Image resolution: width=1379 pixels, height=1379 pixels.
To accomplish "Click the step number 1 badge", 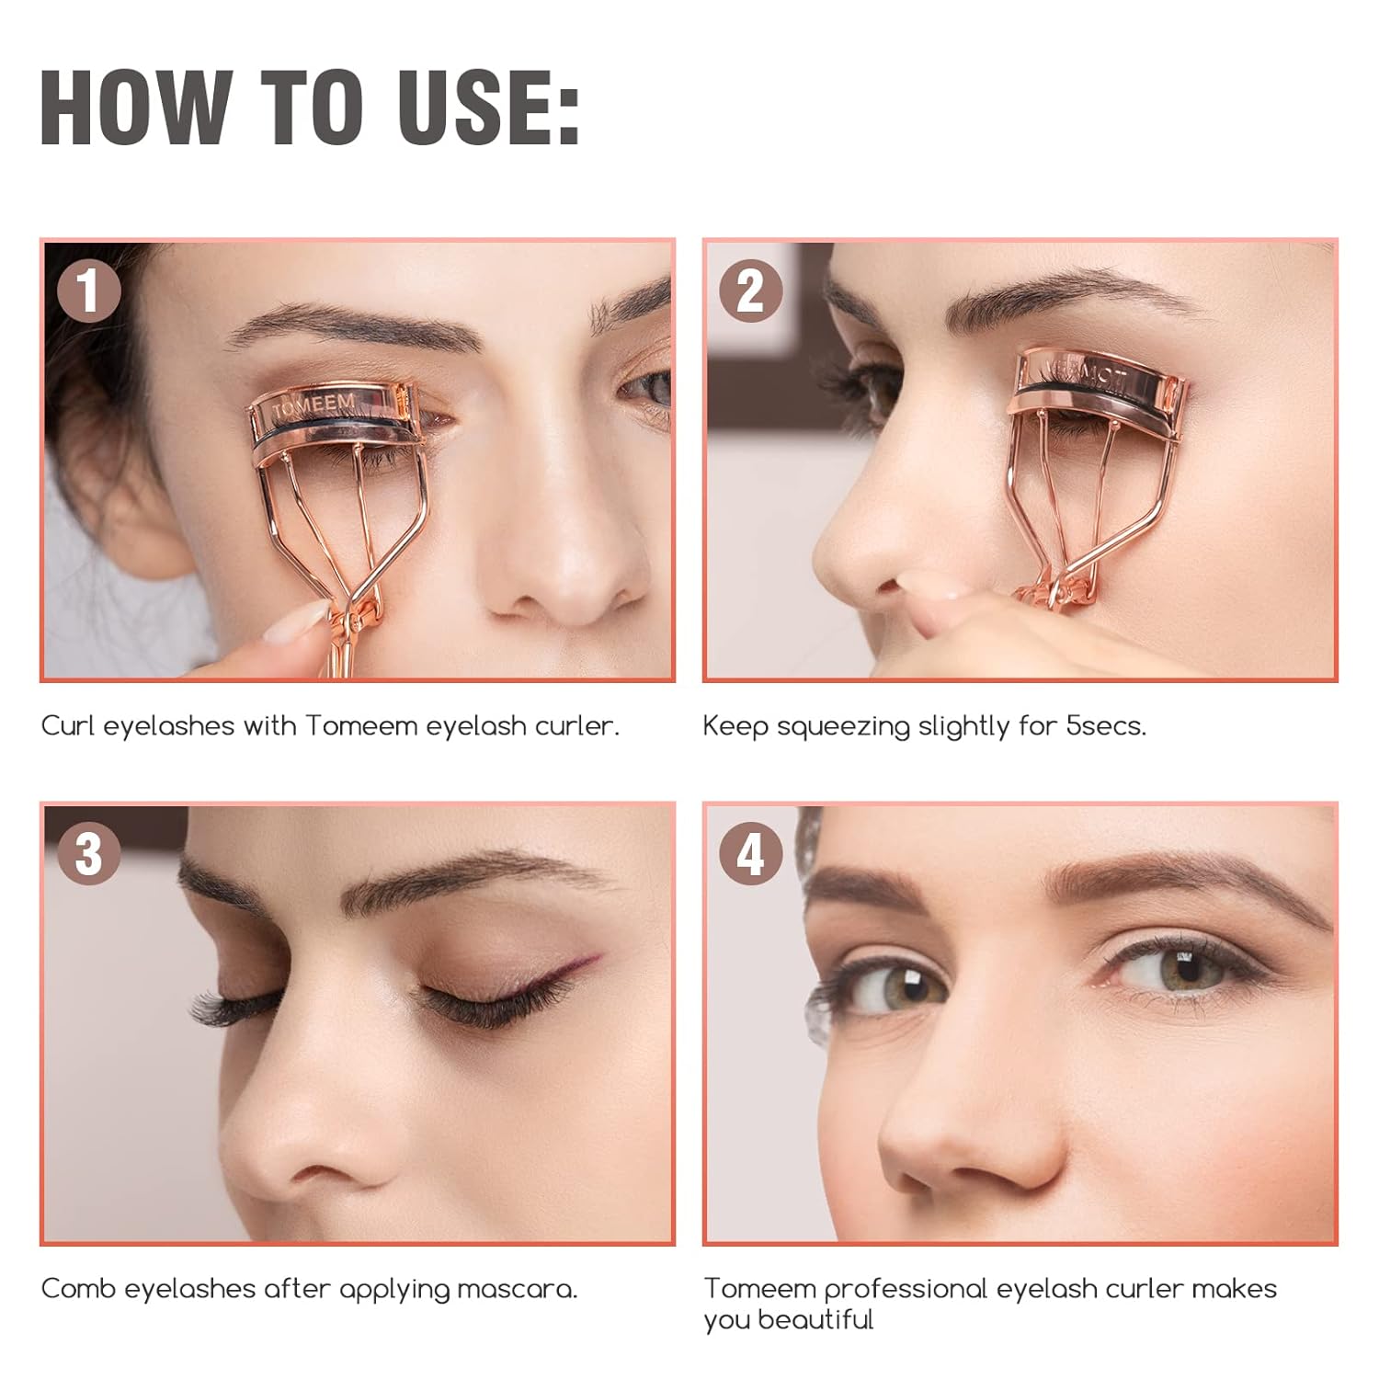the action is coord(88,291).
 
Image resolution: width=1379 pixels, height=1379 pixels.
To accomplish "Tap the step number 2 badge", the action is coord(750,291).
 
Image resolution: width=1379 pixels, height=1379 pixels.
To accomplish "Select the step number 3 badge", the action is coord(88,853).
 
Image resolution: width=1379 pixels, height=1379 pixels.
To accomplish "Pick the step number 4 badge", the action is coord(750,853).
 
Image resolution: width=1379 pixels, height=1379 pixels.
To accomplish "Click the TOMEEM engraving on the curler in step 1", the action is coord(314,405).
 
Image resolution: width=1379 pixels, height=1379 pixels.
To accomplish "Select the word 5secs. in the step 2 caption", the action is coord(1106,725).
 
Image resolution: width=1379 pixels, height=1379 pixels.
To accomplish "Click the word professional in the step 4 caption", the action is coord(896,1290).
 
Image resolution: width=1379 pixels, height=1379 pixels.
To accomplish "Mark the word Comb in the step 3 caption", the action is coord(78,1288).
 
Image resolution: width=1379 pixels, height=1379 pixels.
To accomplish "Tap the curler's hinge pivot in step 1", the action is coord(354,623).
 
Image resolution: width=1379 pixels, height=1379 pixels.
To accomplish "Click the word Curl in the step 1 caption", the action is coord(69,725).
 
